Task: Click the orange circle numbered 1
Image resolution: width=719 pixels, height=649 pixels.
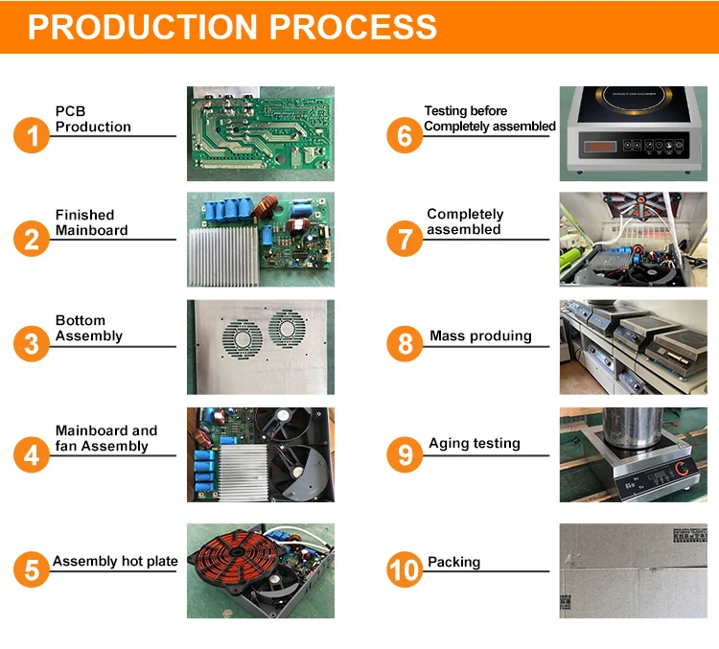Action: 32,135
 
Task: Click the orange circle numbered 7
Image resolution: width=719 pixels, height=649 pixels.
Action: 405,238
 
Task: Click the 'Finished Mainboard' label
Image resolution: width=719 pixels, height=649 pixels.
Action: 91,222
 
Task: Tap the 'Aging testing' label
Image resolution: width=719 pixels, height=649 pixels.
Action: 474,444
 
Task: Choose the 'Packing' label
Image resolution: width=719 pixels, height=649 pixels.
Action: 453,562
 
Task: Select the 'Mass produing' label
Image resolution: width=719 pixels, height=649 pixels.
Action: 480,336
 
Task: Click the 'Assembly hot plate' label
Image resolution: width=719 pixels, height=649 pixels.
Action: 115,561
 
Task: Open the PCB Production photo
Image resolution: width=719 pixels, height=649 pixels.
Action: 260,133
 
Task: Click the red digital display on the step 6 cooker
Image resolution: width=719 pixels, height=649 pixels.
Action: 600,147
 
